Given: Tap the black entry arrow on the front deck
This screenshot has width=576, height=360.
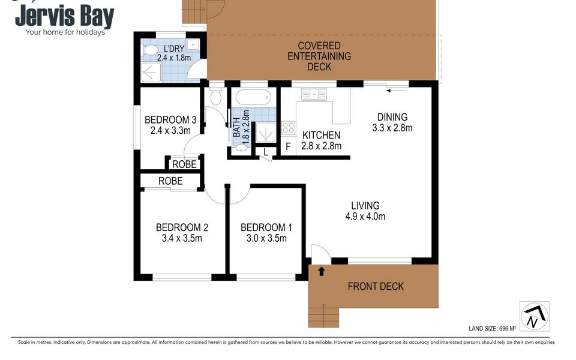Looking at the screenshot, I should click(x=321, y=271).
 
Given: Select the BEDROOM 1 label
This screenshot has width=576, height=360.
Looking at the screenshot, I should click(x=266, y=227).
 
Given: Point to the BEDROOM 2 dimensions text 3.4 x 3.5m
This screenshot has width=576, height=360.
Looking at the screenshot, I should click(x=182, y=238).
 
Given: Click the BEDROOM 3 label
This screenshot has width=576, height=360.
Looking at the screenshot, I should click(x=170, y=119).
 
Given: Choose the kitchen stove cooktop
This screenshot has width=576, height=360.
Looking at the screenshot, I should click(x=289, y=128).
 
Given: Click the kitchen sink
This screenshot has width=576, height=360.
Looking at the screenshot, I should click(x=314, y=94).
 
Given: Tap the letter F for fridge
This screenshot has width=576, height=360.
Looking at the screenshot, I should click(x=288, y=146).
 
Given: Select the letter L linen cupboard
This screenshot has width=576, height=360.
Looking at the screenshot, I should click(x=265, y=152).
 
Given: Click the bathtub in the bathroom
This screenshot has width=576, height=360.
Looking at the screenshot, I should click(x=254, y=97).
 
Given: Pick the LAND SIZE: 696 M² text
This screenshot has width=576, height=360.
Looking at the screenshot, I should click(x=496, y=328).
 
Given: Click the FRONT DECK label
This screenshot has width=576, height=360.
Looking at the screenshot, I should click(x=376, y=286).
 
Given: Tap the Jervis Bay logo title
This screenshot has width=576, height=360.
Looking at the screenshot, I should click(x=64, y=17).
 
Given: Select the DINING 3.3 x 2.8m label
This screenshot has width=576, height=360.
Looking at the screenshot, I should click(x=392, y=122).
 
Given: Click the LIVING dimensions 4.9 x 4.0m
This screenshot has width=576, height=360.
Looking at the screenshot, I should click(x=365, y=217).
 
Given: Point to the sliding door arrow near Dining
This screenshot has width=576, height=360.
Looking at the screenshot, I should click(x=397, y=91).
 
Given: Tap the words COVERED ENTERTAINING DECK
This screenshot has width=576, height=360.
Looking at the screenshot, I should click(x=319, y=56).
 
